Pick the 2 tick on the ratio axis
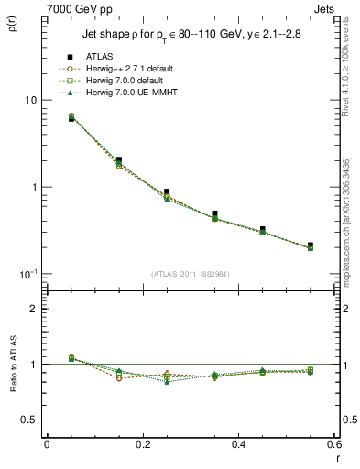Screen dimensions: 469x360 coord(33,309)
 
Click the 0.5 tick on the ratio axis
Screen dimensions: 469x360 coord(29,420)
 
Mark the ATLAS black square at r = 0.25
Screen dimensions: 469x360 coord(166,192)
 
